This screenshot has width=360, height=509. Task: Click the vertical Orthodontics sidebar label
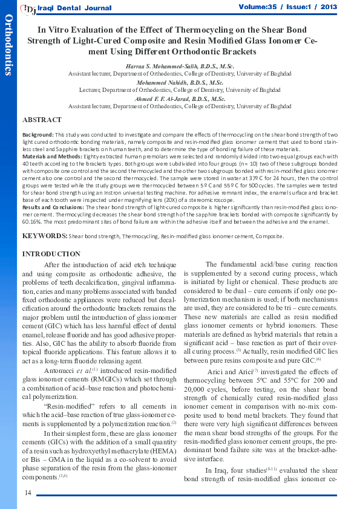click(8, 46)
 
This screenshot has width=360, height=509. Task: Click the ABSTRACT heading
click(42, 120)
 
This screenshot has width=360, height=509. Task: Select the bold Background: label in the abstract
click(38, 134)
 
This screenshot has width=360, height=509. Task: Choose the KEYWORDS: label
click(44, 236)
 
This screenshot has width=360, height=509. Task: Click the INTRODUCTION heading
click(51, 254)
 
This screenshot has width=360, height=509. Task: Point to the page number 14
click(28, 493)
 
